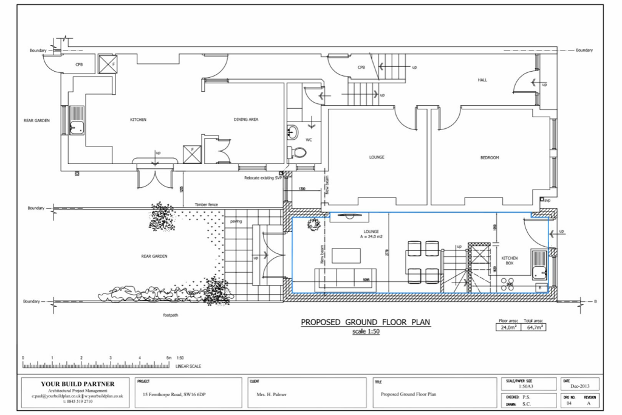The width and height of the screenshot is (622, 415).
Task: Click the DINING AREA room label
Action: [246, 120]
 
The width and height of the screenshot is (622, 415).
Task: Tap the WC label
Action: [309, 140]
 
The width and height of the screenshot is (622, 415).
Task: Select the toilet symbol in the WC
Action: [297, 152]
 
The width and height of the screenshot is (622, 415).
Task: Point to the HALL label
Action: [482, 80]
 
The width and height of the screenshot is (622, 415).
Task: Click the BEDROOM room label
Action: [489, 157]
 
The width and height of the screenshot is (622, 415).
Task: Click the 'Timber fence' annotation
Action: [206, 205]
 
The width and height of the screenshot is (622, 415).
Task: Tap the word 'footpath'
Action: [170, 315]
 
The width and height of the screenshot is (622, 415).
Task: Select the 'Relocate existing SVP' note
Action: [264, 178]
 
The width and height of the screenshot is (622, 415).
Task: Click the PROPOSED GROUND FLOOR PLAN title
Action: [366, 322]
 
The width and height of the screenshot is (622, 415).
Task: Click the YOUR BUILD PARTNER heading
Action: [77, 383]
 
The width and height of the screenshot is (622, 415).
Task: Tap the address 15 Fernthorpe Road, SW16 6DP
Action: [174, 394]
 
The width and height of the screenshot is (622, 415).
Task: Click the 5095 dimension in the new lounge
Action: [366, 280]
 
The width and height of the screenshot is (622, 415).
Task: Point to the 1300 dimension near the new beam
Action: [302, 189]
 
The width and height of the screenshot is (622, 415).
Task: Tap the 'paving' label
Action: [236, 221]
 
